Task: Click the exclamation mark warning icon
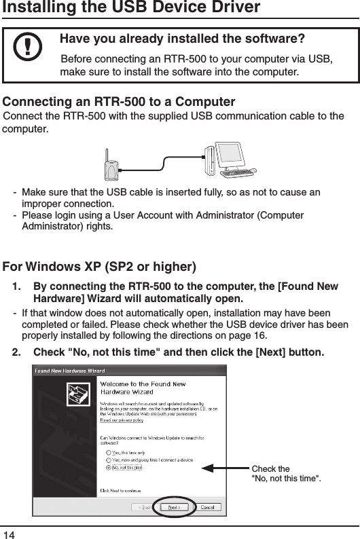[x=27, y=48]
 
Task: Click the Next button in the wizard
[x=175, y=507]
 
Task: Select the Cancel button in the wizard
[x=207, y=507]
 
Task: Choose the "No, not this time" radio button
[x=109, y=467]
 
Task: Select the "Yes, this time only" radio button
[x=109, y=450]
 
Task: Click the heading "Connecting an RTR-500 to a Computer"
[x=120, y=103]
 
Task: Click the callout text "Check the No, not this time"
[x=285, y=473]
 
